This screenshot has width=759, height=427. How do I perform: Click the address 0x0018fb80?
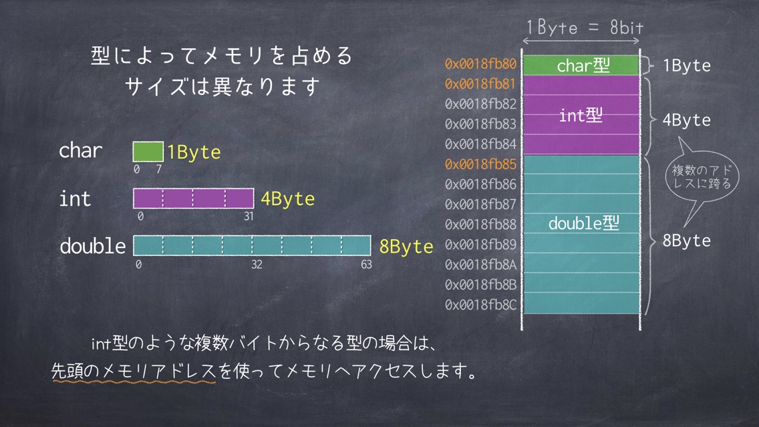click(480, 64)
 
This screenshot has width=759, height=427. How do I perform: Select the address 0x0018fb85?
click(480, 164)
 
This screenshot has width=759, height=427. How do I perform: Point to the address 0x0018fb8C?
click(480, 305)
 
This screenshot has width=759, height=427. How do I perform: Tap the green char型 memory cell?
click(581, 65)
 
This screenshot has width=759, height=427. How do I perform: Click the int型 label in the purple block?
click(581, 115)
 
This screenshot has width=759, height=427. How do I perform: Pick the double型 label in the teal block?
click(584, 223)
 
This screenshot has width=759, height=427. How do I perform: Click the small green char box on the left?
click(148, 152)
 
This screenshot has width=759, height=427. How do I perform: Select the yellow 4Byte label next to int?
click(287, 199)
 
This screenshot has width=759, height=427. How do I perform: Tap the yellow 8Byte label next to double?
click(406, 247)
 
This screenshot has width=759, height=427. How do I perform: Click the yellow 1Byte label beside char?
click(194, 152)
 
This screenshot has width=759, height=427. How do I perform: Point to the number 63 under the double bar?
click(366, 265)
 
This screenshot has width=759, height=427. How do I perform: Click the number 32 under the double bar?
click(257, 265)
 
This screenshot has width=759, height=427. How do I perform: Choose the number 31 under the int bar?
click(249, 217)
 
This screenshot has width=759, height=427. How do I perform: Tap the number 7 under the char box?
click(159, 170)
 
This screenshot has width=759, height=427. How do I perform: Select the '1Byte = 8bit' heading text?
click(585, 27)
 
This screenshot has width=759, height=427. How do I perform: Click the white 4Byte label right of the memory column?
click(686, 120)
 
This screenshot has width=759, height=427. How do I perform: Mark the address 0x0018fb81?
click(480, 84)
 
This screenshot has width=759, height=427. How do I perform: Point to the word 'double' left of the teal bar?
click(93, 246)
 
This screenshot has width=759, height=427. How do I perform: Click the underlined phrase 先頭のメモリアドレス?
click(134, 372)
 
